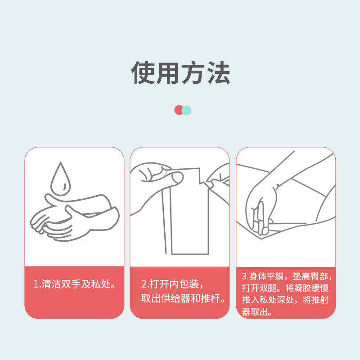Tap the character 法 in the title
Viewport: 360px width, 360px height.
point(219,72)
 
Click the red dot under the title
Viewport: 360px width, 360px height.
point(178,110)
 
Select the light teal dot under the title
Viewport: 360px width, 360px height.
point(187,110)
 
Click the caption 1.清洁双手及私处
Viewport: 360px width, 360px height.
point(74,284)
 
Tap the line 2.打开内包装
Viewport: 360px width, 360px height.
point(172,284)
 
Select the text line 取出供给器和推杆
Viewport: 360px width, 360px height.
point(183,298)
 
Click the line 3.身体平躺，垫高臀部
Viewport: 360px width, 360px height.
point(287,276)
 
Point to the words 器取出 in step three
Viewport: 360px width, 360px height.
point(256,312)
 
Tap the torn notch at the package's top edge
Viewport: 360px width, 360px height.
point(202,181)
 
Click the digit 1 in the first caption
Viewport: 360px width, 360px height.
point(36,284)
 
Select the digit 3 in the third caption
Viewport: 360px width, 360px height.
point(244,276)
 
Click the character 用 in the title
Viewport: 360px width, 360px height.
point(168,72)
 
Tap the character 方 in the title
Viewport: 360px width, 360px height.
point(193,72)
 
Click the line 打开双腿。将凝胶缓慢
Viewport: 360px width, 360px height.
point(285,288)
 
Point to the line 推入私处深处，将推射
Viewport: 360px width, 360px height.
point(285,300)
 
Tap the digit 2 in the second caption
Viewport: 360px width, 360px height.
point(144,284)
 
